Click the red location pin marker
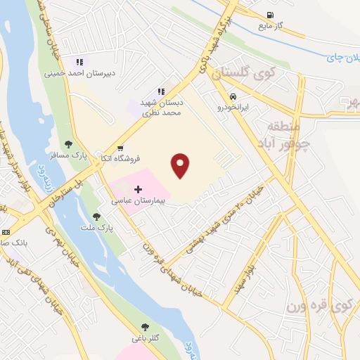[181, 166]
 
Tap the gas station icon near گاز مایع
[269, 15]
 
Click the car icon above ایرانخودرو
[231, 96]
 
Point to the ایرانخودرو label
[232, 108]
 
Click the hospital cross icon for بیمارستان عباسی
[138, 190]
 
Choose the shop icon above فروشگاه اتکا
[120, 148]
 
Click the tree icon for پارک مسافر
[68, 145]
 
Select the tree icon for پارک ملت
[96, 217]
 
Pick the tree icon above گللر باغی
[145, 327]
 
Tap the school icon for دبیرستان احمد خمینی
[79, 62]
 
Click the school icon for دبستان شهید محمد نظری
[161, 91]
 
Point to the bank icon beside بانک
[6, 231]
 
